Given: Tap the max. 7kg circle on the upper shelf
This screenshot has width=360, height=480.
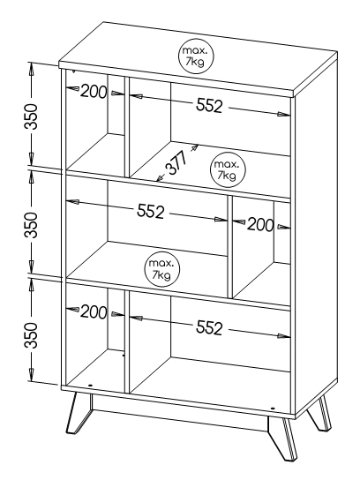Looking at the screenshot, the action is (x=228, y=169).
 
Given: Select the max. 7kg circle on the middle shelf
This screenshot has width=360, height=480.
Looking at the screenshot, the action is (x=162, y=269).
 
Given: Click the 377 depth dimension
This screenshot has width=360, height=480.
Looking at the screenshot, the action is (x=177, y=163).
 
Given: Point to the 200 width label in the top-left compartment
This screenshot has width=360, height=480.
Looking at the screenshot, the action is (x=94, y=91).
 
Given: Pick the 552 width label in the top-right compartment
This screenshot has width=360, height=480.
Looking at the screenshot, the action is (x=209, y=106).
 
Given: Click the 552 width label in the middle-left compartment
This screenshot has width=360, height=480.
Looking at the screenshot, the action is (x=150, y=211).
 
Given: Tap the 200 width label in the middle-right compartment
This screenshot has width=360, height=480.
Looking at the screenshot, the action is (x=260, y=225).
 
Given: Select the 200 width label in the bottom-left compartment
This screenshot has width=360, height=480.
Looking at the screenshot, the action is (x=94, y=312).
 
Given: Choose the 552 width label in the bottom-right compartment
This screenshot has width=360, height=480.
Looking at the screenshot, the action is (x=209, y=327).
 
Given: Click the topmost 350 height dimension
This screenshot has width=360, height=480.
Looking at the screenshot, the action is (x=31, y=116).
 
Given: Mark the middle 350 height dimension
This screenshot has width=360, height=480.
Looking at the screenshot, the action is (x=31, y=225).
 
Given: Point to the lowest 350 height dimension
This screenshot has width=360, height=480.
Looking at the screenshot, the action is (x=31, y=335).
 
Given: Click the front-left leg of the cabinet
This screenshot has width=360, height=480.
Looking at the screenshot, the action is (x=79, y=413).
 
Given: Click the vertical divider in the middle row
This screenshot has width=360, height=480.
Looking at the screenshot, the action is (x=230, y=247).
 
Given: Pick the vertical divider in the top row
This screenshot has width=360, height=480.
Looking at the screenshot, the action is (x=127, y=127).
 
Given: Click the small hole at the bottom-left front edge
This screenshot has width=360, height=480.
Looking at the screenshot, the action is (x=90, y=385).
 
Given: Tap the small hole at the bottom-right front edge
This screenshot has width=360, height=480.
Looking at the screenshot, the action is (x=272, y=408).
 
